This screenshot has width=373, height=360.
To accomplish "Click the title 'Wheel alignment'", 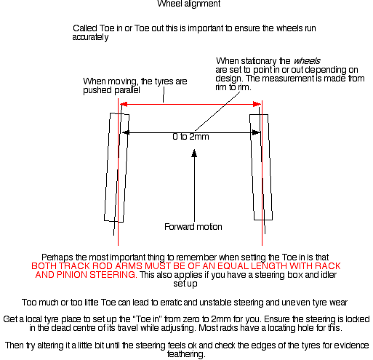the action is [x=189, y=4].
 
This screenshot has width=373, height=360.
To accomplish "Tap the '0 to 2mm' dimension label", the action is [x=190, y=137].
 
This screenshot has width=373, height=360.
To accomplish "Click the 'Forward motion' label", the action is [x=193, y=227].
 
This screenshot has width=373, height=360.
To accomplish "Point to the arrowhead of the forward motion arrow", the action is [x=194, y=153].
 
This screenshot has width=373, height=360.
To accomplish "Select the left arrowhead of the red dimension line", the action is [x=124, y=104].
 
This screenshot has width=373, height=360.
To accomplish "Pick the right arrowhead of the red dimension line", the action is [x=257, y=104].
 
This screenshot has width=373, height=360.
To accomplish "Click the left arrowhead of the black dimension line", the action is [x=126, y=132].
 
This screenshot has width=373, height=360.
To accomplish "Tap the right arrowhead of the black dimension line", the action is [x=256, y=132].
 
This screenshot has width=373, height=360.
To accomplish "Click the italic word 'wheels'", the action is [x=307, y=61].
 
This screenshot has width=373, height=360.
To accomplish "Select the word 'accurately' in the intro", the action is [x=90, y=37].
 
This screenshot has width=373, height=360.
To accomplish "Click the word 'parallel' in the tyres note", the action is [x=127, y=90].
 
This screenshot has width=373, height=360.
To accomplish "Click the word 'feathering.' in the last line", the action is [x=186, y=354].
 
